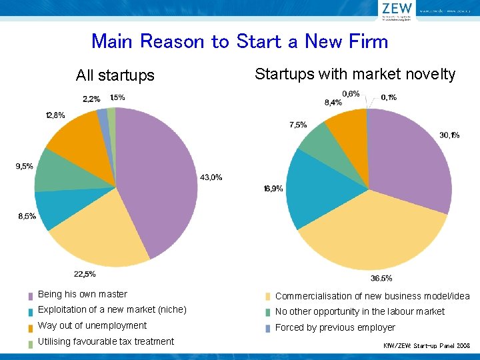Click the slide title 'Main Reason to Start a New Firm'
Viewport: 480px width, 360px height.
click(x=239, y=41)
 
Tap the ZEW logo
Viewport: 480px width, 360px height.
click(x=397, y=9)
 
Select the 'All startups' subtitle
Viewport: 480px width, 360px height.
click(x=115, y=75)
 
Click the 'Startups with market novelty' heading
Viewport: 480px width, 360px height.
click(x=355, y=74)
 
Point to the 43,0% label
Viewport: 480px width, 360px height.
click(x=211, y=177)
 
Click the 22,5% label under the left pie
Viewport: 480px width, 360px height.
click(x=85, y=274)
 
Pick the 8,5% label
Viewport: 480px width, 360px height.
click(x=27, y=216)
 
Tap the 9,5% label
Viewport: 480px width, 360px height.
click(x=25, y=166)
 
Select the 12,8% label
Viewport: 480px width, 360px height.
click(x=55, y=115)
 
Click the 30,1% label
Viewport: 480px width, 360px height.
click(x=449, y=135)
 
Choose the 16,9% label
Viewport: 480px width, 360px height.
click(x=273, y=189)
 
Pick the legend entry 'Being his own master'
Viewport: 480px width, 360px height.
click(x=82, y=294)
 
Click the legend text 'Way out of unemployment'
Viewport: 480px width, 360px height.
click(x=92, y=325)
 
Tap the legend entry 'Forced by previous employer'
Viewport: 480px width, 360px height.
click(x=335, y=327)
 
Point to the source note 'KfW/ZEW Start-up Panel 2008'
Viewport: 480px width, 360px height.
click(x=427, y=347)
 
